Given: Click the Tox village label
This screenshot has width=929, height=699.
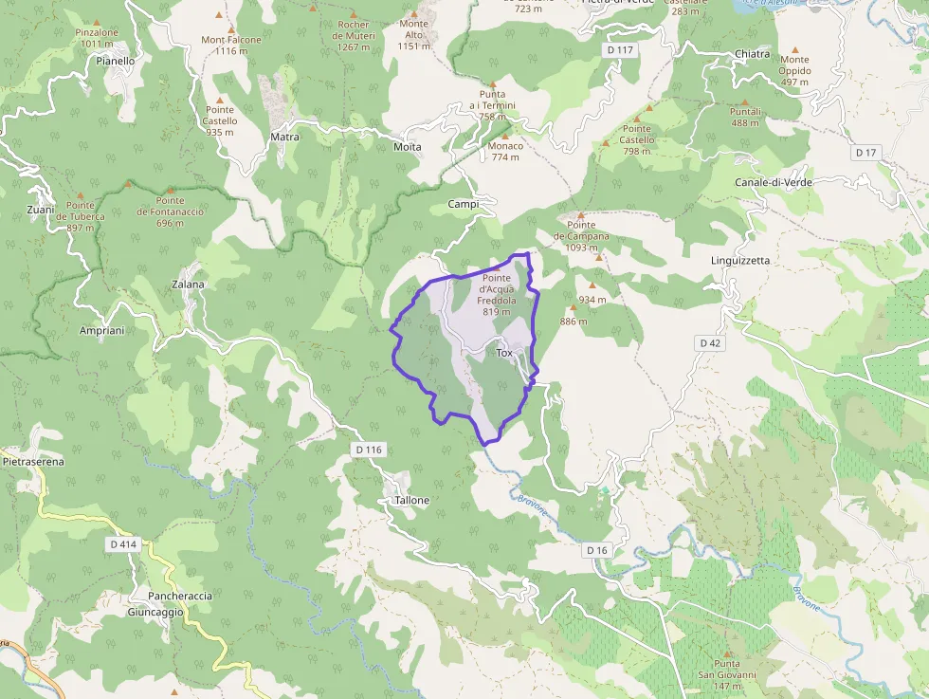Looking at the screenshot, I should [504, 353].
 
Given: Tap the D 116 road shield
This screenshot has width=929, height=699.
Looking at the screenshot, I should [369, 449].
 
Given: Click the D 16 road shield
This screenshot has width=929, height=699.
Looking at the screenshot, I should [596, 550].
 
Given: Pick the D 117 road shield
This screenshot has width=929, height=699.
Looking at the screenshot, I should [619, 49].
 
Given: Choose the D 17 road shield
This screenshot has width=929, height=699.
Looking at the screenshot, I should [865, 153].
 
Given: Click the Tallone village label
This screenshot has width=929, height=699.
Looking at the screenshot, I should [411, 500].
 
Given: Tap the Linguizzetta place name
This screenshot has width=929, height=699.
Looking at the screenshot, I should [740, 260].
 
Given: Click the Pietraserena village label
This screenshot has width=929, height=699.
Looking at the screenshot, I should [33, 462].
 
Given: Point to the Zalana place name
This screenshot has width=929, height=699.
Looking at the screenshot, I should [188, 284].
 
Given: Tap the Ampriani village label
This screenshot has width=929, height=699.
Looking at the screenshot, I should [102, 330].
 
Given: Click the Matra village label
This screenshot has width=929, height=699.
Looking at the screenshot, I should [284, 137].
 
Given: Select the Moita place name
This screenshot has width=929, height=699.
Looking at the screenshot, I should [407, 147].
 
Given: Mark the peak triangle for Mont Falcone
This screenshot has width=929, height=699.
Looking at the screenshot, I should [220, 16].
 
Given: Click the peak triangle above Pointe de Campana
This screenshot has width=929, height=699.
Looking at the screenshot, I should [580, 215].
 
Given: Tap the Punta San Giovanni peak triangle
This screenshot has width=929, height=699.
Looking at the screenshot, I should [727, 653].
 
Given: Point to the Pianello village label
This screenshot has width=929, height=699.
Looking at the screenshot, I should [116, 60].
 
